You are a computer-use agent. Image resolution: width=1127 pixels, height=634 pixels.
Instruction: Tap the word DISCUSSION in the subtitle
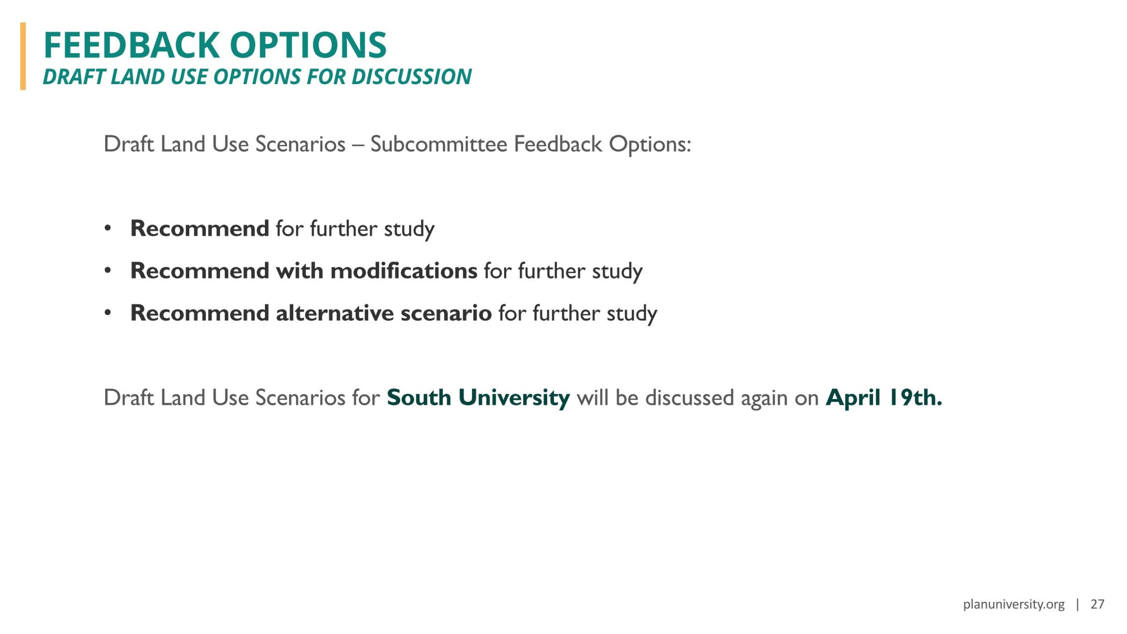411,77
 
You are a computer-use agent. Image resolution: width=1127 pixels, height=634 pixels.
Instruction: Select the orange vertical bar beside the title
23,56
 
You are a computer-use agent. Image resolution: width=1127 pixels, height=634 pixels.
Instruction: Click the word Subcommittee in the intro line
439,144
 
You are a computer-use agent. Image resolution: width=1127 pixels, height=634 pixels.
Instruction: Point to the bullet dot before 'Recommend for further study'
108,229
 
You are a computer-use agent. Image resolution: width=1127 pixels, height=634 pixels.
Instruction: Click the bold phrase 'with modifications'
376,270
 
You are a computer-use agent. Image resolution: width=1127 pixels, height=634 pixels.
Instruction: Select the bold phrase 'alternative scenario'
384,313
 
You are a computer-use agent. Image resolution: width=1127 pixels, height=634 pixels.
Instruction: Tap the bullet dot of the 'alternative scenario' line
108,313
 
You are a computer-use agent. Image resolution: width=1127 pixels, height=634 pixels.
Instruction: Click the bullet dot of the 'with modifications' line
108,271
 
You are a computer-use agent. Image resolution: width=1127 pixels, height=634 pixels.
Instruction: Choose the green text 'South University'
479,398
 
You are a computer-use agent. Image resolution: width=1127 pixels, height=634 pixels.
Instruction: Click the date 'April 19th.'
884,398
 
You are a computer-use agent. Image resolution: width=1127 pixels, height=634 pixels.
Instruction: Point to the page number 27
1098,604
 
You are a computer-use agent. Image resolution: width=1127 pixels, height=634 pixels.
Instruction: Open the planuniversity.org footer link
1013,605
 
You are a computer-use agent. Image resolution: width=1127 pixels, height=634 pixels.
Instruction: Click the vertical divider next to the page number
1077,605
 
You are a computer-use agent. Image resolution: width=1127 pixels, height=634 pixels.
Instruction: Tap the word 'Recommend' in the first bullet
200,228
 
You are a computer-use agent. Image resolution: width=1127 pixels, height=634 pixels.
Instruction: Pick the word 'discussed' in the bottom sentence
690,398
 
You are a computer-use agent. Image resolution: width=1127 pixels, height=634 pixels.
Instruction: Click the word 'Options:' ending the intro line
650,145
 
